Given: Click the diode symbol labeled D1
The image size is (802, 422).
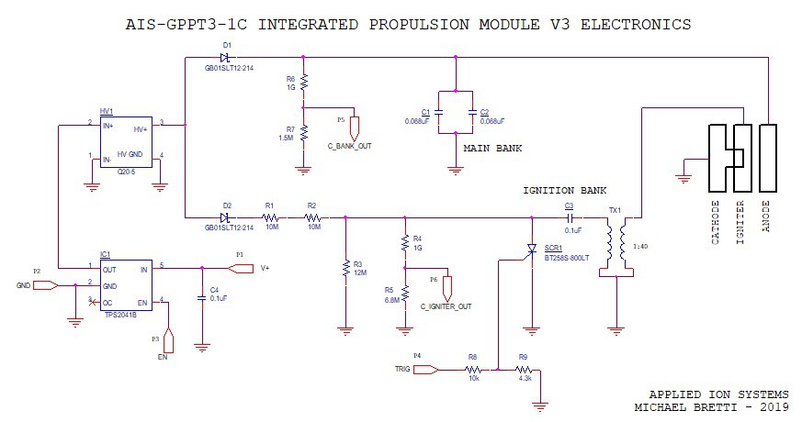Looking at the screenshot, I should (x=226, y=58).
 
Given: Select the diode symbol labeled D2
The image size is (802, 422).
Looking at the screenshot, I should (x=226, y=217).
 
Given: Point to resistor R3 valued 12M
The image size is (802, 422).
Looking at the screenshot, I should (x=345, y=269).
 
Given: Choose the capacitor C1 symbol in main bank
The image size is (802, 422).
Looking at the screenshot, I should (x=439, y=113).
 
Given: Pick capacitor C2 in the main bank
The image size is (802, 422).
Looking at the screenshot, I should (x=471, y=113).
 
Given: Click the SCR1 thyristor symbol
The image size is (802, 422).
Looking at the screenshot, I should (x=530, y=250).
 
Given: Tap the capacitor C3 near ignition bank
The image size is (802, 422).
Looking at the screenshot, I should (x=569, y=217).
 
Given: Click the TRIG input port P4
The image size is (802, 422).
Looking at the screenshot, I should (x=425, y=370).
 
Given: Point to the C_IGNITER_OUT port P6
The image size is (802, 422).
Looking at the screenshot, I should (x=446, y=287).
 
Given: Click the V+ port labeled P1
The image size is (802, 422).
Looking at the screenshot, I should (x=240, y=269).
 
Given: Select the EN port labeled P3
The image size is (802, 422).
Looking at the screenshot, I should (x=168, y=339).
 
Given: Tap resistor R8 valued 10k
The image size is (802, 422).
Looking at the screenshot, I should (x=472, y=370).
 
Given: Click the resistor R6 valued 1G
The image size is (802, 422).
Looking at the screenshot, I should (x=303, y=83).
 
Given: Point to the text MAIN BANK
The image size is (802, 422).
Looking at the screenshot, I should (x=492, y=148).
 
